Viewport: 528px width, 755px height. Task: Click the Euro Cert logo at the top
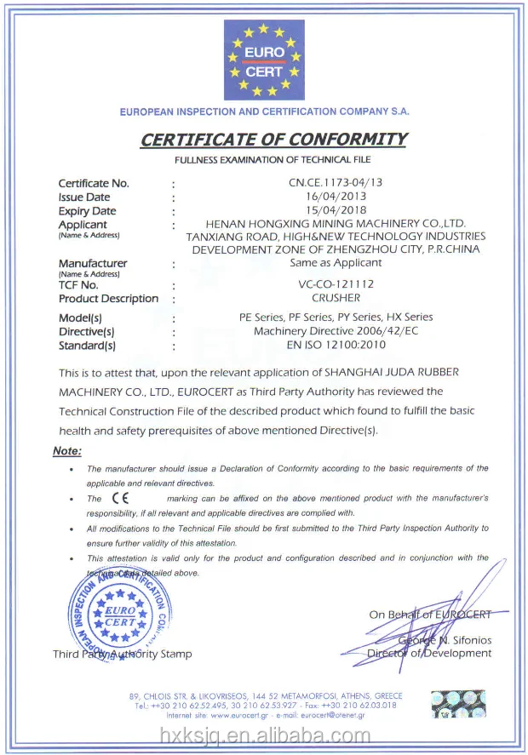click(263, 59)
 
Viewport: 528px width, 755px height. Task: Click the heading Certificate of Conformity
click(273, 140)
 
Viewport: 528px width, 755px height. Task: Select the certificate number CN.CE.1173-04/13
click(336, 182)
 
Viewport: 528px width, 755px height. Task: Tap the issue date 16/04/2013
click(336, 197)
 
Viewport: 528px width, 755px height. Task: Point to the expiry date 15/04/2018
click(336, 210)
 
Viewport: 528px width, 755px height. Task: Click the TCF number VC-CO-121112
click(336, 284)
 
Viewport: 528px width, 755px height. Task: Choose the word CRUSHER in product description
click(336, 298)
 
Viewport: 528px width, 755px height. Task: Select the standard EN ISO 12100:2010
click(336, 345)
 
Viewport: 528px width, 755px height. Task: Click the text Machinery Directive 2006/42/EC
click(336, 331)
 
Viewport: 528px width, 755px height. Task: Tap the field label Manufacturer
click(93, 263)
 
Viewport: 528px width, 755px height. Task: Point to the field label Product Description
click(108, 299)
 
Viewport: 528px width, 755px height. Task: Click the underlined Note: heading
click(67, 450)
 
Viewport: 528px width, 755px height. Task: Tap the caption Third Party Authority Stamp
click(123, 654)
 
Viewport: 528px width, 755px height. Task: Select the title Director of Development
click(429, 653)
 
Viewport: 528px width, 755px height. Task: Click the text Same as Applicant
click(336, 263)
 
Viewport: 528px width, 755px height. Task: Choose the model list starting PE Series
click(336, 317)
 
